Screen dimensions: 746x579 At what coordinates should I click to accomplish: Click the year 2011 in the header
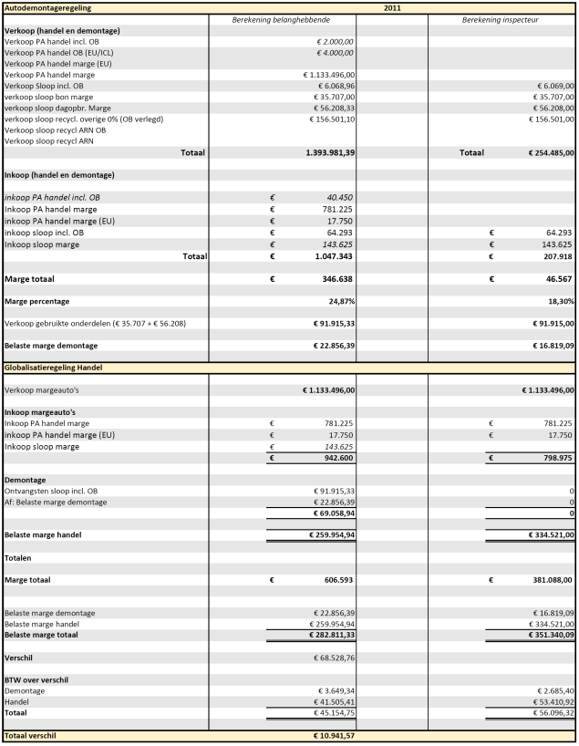click(x=392, y=7)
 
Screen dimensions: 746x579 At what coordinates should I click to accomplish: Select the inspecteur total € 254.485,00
click(x=548, y=152)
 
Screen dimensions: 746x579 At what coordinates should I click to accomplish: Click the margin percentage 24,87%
click(x=339, y=300)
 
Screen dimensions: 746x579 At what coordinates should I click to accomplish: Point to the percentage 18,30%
click(x=559, y=300)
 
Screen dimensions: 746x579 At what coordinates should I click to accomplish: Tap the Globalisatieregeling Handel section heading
click(x=53, y=367)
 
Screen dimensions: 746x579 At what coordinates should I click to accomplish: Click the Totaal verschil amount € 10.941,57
click(x=330, y=735)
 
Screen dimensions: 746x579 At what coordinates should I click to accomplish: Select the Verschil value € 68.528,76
click(x=330, y=657)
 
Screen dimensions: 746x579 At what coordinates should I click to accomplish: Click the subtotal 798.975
click(x=553, y=457)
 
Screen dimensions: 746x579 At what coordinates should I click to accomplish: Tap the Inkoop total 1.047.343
click(x=334, y=256)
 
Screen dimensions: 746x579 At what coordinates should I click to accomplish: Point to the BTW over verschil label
click(x=36, y=679)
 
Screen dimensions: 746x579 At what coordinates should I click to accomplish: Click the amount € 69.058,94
click(x=330, y=513)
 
